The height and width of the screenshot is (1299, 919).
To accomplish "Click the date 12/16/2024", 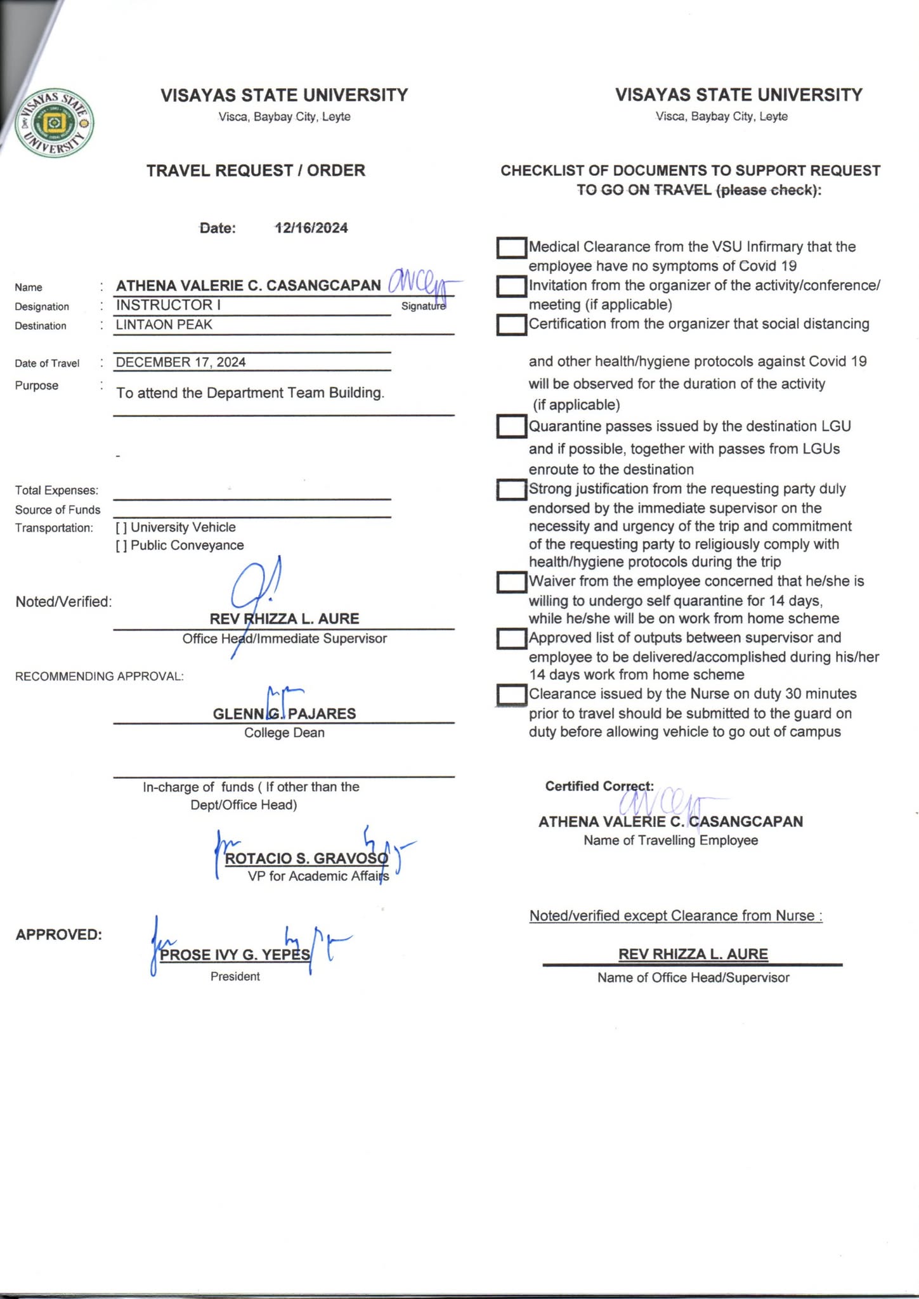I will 311,228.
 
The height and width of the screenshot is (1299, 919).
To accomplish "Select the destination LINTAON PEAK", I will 164,325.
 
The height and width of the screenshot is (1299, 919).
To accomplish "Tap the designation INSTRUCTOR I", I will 168,305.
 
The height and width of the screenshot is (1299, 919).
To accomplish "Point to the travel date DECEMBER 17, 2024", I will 181,362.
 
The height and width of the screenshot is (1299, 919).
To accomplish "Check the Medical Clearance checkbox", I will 511,248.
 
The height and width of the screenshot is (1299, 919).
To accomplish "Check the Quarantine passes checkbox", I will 511,426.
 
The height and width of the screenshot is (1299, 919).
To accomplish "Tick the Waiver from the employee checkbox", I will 511,582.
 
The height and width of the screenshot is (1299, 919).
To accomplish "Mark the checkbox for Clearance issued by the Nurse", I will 511,695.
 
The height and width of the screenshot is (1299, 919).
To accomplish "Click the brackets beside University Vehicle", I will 121,528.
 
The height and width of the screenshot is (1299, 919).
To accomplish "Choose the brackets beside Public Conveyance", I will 121,545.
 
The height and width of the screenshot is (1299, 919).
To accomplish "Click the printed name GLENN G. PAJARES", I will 284,714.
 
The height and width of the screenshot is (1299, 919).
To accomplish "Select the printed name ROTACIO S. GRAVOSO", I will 306,859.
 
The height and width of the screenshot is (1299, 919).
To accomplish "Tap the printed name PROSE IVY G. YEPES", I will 235,955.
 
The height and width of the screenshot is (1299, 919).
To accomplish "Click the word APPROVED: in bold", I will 58,935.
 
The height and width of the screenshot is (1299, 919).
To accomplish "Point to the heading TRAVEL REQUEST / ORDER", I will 256,171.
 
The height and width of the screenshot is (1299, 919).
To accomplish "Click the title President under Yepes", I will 235,977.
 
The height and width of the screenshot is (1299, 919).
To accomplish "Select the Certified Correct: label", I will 599,787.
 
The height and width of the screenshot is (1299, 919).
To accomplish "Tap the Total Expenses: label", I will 56,490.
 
